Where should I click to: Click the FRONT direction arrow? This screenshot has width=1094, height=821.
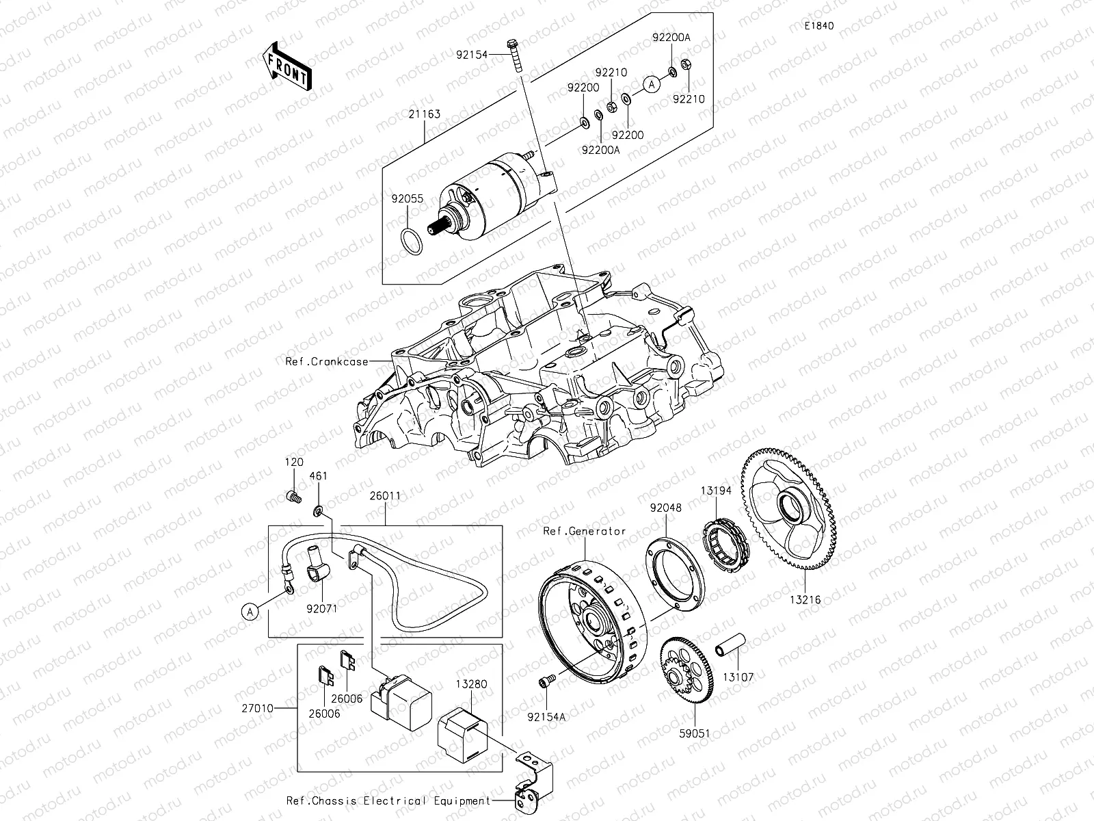click(286, 66)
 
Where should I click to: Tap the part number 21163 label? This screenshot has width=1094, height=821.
click(425, 115)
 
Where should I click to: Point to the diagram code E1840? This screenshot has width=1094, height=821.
click(818, 26)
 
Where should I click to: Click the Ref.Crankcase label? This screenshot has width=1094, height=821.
click(327, 362)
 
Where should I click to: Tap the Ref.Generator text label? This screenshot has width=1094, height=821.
click(585, 531)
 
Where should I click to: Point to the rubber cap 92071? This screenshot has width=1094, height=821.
click(316, 569)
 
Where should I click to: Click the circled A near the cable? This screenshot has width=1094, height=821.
click(251, 611)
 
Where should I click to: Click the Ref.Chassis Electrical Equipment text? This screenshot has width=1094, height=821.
click(388, 800)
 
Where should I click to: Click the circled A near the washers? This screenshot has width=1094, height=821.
click(652, 84)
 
